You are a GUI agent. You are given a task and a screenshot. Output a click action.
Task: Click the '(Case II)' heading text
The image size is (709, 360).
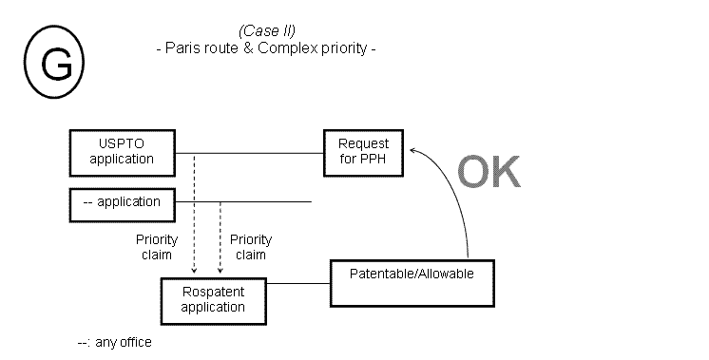click(267, 30)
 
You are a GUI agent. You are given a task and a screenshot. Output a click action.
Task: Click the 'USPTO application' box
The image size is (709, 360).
click(122, 152)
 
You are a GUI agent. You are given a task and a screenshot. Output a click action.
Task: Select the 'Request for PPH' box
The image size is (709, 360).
click(363, 152)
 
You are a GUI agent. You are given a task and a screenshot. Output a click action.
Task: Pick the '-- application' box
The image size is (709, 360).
click(122, 202)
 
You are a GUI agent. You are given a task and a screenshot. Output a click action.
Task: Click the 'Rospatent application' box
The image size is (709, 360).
click(214, 299)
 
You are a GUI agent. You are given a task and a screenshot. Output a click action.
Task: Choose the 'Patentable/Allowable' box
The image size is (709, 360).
click(412, 282)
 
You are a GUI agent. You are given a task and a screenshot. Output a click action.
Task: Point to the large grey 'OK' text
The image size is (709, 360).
click(489, 173)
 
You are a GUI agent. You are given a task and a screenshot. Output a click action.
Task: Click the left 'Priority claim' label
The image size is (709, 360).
click(156, 247)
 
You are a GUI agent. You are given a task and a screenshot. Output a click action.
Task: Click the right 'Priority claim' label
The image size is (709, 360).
click(250, 247)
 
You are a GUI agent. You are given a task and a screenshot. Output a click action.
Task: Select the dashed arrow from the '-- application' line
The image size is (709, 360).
click(220, 237)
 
